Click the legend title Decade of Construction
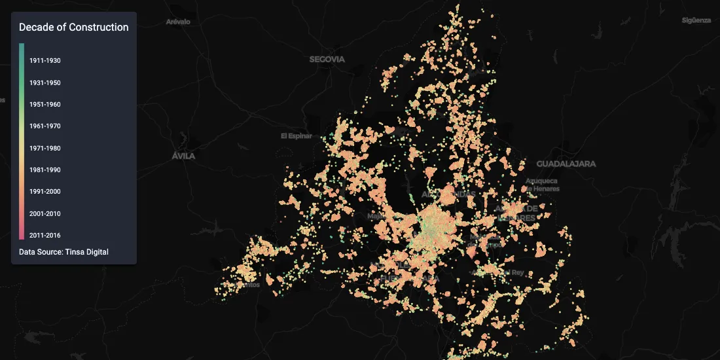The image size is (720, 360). click(73, 27)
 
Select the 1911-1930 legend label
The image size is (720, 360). click(45, 61)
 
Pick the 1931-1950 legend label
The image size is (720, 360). click(45, 82)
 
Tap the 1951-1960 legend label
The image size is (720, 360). click(45, 104)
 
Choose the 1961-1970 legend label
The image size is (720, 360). click(45, 126)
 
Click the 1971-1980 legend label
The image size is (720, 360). click(45, 148)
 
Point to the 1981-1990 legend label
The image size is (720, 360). click(45, 170)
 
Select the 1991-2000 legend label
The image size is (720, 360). click(45, 191)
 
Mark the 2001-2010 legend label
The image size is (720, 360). click(45, 213)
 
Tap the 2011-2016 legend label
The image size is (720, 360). click(45, 235)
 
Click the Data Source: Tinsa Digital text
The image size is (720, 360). click(63, 252)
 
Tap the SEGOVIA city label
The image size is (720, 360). click(327, 59)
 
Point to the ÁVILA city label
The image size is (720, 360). click(183, 156)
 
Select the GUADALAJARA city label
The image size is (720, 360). click(566, 164)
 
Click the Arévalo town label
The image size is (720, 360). click(178, 22)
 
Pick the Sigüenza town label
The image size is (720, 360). click(696, 20)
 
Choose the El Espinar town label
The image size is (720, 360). click(293, 136)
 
